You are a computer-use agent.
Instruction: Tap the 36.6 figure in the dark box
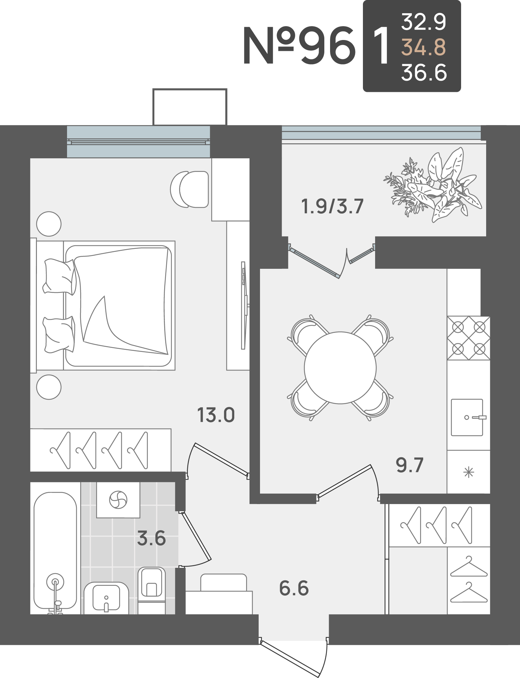pos(424,73)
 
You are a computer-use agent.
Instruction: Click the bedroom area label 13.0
pos(216,415)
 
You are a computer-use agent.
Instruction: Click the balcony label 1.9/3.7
pos(332,206)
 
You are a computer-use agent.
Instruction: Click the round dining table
pos(340,368)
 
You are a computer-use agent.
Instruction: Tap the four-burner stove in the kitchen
pos(469,338)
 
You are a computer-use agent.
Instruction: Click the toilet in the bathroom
pos(151,591)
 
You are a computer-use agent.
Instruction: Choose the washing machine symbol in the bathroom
pos(118,500)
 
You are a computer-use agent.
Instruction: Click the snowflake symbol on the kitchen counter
pos(469,472)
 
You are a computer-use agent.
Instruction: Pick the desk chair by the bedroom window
pos(190,189)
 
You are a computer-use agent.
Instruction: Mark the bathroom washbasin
pos(106,598)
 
